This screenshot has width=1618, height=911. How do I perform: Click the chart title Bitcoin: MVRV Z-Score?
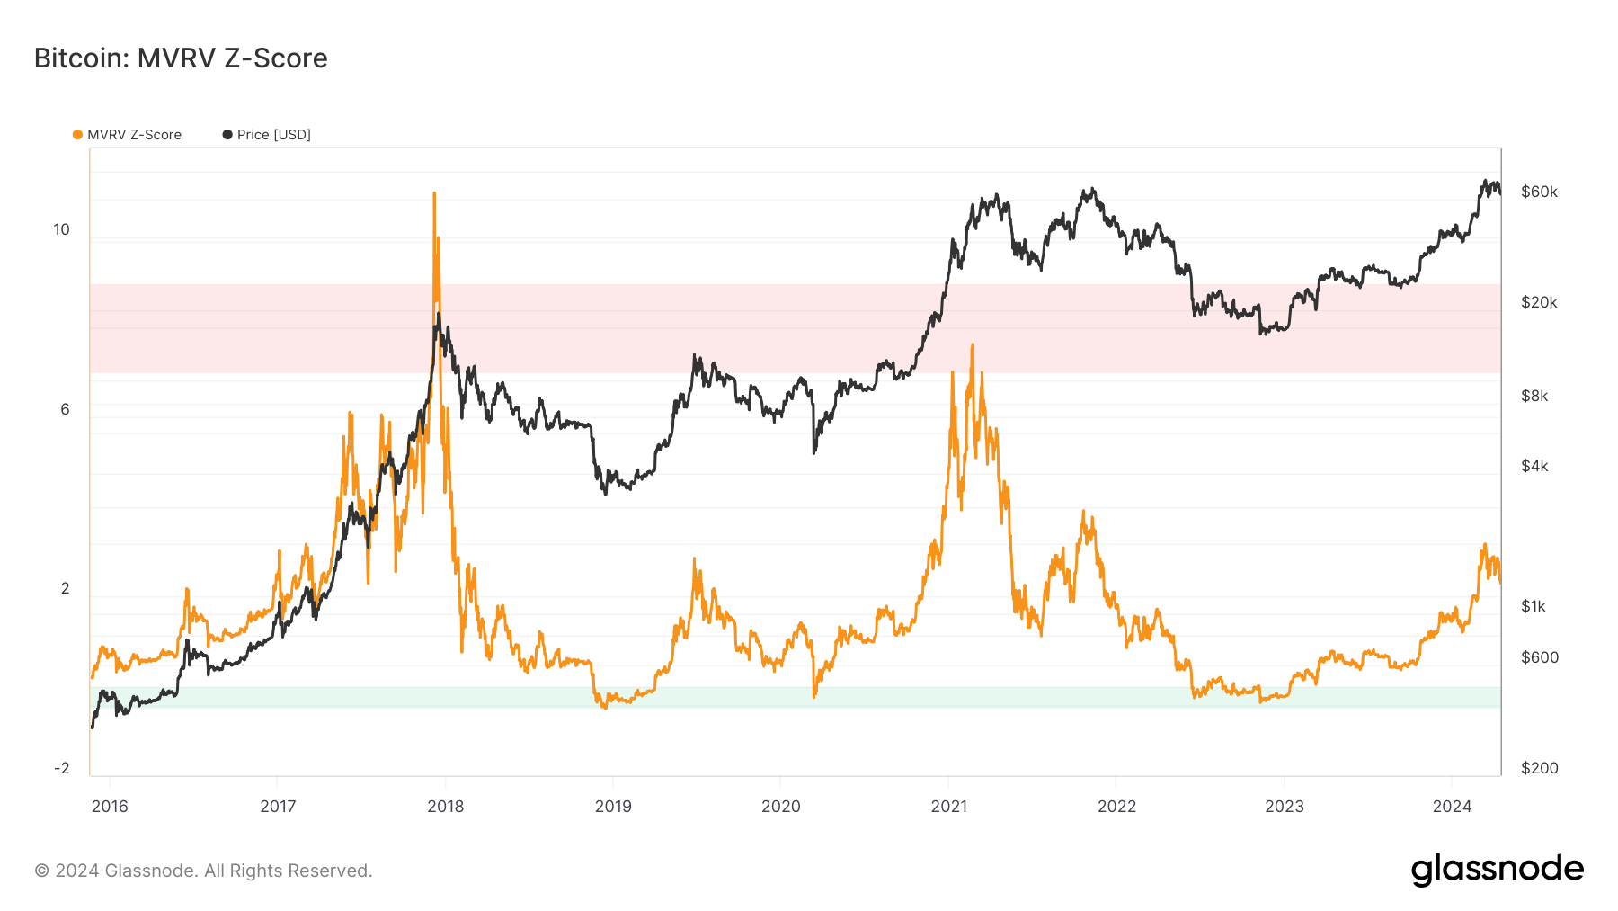[x=181, y=58]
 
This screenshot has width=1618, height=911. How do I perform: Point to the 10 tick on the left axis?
[x=61, y=229]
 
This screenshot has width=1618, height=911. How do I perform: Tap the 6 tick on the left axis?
[x=65, y=409]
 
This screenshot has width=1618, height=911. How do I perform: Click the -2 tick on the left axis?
[x=61, y=768]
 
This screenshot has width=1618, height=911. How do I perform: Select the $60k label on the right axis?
[x=1539, y=192]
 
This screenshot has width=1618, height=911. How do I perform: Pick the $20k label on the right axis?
[x=1539, y=302]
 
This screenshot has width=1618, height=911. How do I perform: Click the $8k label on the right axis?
[x=1534, y=396]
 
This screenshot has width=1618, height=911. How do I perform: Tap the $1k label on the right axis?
[x=1534, y=606]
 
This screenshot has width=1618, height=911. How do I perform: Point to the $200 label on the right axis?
[x=1539, y=768]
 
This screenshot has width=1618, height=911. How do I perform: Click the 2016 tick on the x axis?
[x=110, y=806]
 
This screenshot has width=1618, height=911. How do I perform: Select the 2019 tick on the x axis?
[x=613, y=806]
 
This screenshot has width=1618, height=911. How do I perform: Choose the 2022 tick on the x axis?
[x=1116, y=806]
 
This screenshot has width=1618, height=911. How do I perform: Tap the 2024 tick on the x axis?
[x=1452, y=806]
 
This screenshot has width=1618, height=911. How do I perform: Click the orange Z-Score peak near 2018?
[x=434, y=193]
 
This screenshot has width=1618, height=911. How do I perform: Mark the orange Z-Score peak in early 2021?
[x=973, y=344]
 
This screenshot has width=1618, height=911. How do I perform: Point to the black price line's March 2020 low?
[x=814, y=451]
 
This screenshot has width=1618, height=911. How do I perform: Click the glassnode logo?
[x=1497, y=870]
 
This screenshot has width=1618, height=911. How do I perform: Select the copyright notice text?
[x=203, y=871]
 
